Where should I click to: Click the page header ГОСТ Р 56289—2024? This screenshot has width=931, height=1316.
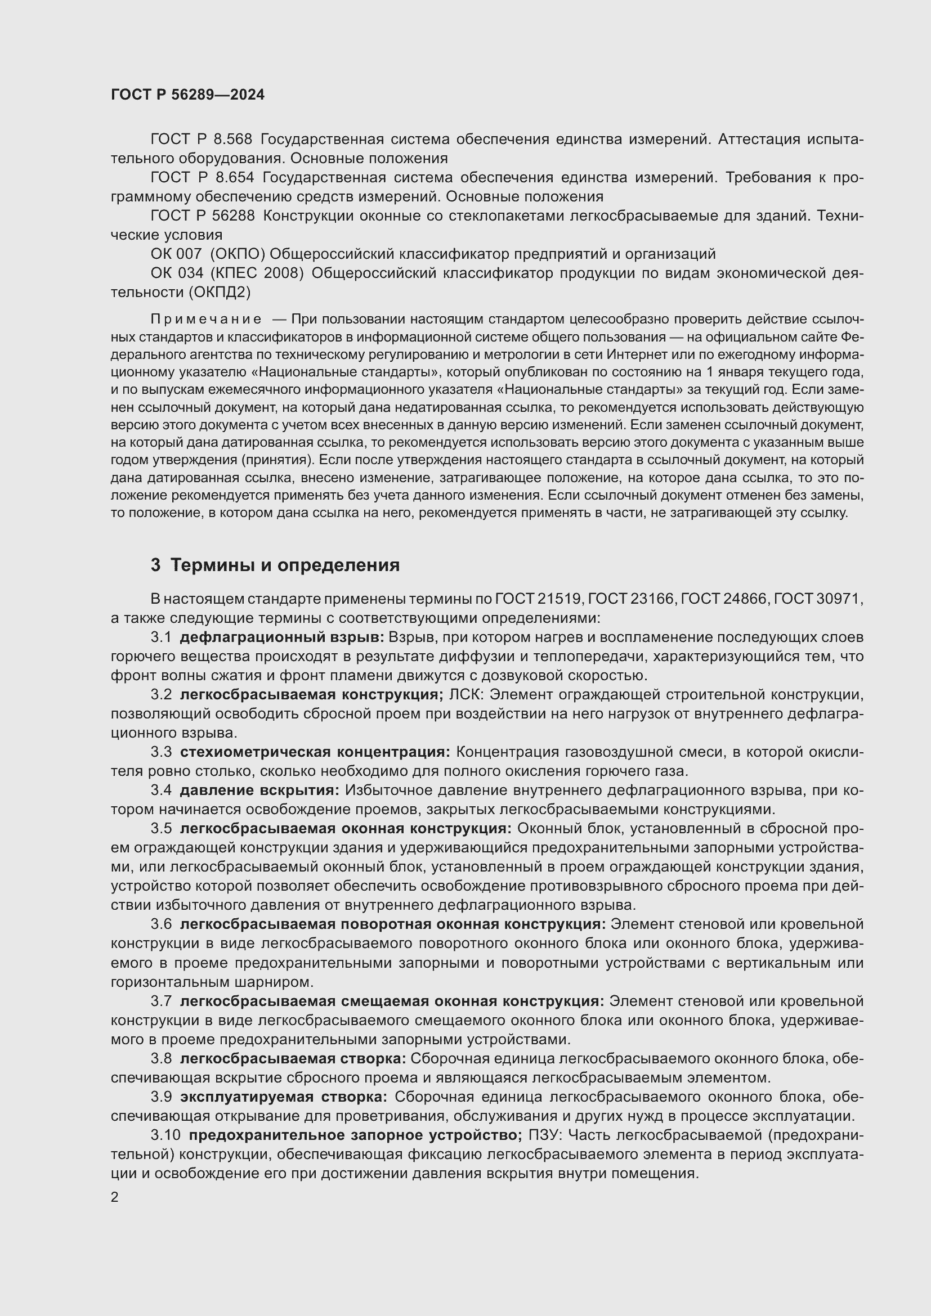point(187,95)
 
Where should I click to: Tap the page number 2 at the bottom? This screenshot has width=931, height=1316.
point(115,1197)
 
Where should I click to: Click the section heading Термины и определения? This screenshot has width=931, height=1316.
point(285,565)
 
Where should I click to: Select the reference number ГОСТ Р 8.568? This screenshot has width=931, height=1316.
point(202,140)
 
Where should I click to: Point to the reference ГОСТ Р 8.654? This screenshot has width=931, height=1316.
point(203,178)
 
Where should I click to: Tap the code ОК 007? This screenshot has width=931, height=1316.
point(176,254)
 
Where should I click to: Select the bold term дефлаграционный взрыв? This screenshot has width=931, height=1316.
point(282,637)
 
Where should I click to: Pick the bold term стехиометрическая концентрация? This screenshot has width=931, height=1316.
point(315,752)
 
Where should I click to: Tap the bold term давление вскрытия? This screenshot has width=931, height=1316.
point(259,791)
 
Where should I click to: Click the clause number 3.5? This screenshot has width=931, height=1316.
point(161,829)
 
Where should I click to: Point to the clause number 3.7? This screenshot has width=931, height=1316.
point(161,1001)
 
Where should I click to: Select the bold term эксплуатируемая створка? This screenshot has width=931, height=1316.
point(283,1097)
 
